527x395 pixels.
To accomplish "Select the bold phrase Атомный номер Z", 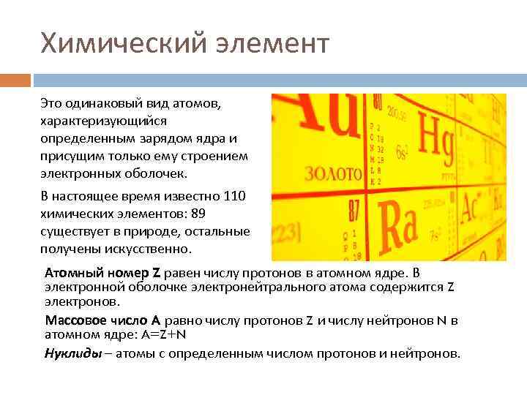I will point(102,273).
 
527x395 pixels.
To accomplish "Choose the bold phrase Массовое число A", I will point(102,320).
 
